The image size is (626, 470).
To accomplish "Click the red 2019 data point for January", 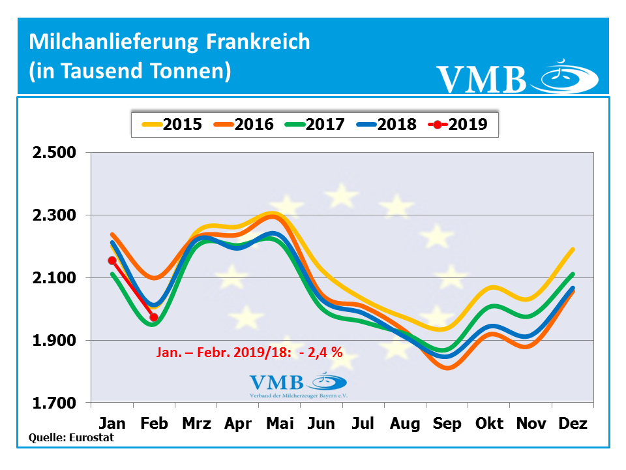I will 112,260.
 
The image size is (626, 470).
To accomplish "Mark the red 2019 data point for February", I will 154,317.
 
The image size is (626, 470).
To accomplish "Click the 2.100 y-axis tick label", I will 54,278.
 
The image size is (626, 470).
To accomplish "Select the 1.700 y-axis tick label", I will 54,403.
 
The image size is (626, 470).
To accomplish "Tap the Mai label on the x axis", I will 280,424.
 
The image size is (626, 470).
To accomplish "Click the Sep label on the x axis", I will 447,424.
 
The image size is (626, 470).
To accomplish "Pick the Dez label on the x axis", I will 573,424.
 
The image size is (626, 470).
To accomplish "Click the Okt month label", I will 489,424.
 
